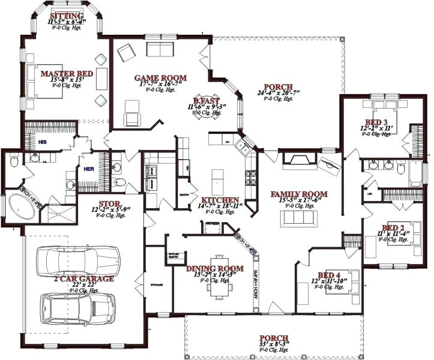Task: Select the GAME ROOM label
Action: [x=160, y=77]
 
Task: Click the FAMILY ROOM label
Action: [x=298, y=194]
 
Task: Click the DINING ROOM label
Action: [x=215, y=268]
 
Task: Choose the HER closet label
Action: [x=89, y=169]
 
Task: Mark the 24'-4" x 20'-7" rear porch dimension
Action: [x=277, y=94]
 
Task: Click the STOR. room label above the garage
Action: [x=111, y=205]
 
